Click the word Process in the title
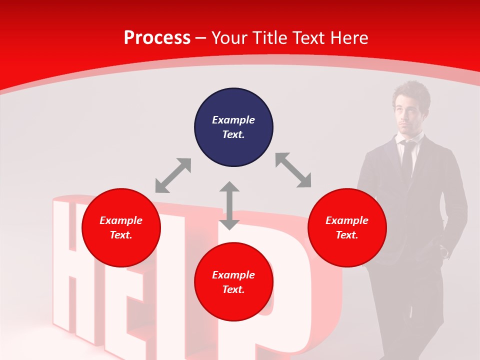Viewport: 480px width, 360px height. pos(157,38)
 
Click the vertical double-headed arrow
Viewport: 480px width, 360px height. pos(229,205)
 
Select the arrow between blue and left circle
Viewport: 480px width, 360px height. pos(173,175)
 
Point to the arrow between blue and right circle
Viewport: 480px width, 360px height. pos(293,170)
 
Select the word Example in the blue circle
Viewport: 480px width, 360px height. pos(233,120)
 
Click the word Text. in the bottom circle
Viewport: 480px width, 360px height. pos(233,289)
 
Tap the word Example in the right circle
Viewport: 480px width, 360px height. pos(347,220)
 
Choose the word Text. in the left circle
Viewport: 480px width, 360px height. pos(121,235)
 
